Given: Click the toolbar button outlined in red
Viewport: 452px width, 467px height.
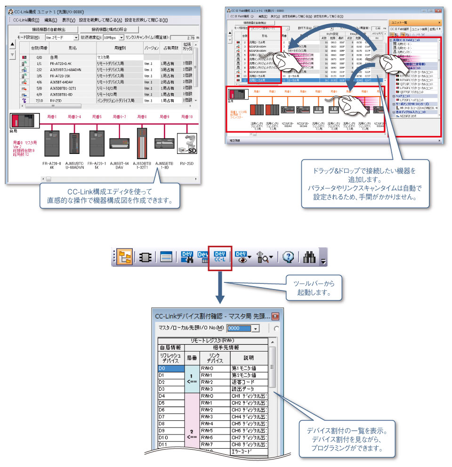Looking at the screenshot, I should coord(220,257).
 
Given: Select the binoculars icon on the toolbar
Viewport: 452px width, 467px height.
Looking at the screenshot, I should coord(309,257).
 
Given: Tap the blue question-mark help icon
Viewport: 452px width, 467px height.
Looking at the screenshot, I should coord(289,257).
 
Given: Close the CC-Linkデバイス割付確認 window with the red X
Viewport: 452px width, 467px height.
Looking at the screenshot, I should coord(275,316).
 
